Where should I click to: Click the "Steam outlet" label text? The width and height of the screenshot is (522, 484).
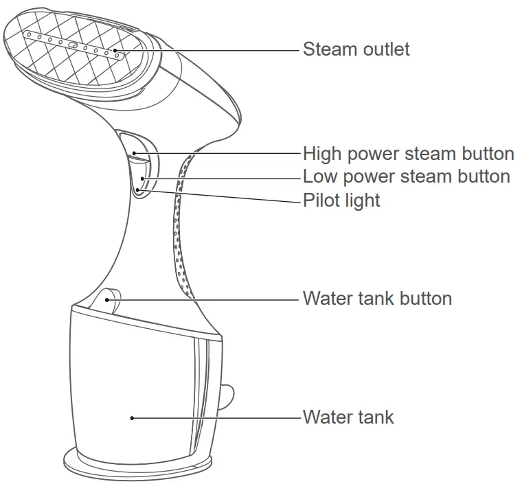click(356, 49)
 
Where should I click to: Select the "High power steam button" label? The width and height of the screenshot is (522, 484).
click(408, 153)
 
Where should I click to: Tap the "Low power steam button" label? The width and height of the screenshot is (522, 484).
click(406, 176)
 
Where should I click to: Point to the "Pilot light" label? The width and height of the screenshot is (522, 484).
click(341, 200)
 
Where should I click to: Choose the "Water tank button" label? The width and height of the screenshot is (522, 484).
click(377, 299)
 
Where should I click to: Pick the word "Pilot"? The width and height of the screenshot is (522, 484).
click(322, 200)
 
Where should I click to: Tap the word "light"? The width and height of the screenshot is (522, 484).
click(362, 200)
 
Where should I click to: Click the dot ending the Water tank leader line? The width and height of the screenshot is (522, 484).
click(132, 417)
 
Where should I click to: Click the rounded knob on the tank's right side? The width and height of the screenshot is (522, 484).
click(226, 397)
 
